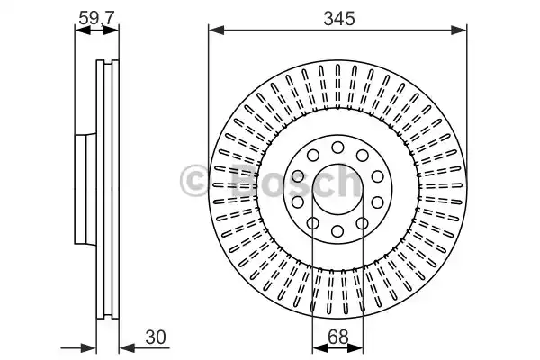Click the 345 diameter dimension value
click(x=337, y=17)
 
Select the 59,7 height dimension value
click(x=97, y=15)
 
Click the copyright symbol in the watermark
click(x=196, y=182)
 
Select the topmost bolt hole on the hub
click(x=337, y=146)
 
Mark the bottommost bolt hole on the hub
click(x=337, y=232)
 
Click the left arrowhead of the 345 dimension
click(x=214, y=31)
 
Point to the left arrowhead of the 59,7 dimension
click(x=79, y=30)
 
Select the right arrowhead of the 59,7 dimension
click(x=115, y=30)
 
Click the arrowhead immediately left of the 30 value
click(x=127, y=346)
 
